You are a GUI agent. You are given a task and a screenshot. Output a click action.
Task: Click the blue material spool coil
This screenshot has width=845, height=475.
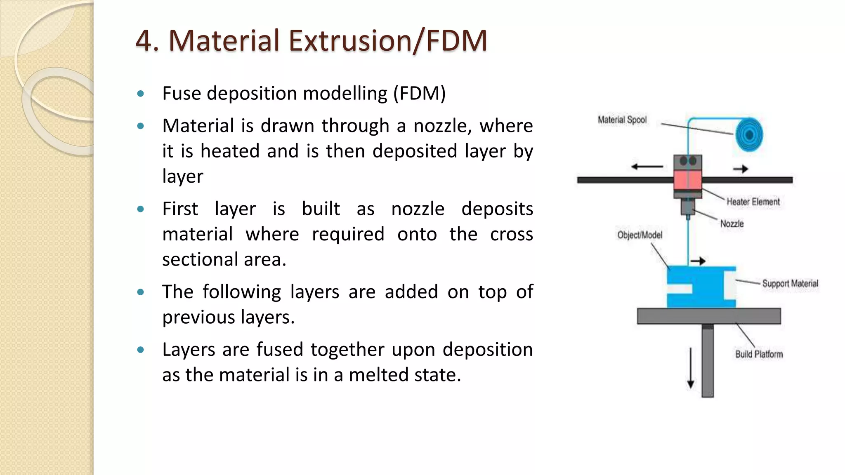coord(749,134)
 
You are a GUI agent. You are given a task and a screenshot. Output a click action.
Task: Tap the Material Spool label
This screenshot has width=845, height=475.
coord(622,120)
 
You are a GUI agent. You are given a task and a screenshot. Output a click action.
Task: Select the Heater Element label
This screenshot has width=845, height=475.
coord(753,202)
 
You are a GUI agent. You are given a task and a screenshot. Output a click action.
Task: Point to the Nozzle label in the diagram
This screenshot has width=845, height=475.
coord(732,224)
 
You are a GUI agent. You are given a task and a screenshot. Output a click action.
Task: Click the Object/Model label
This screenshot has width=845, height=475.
coord(640,235)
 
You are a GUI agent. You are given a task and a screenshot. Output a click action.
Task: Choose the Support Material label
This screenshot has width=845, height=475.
coord(790,284)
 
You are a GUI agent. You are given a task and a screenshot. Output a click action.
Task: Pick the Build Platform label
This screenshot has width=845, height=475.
coord(759,354)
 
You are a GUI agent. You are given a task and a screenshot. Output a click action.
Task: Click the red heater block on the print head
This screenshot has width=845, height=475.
coord(688,180)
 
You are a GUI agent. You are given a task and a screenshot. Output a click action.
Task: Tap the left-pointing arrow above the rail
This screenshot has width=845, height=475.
coord(647,167)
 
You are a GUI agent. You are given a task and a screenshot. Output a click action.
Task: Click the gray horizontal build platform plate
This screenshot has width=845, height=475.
coord(709,316)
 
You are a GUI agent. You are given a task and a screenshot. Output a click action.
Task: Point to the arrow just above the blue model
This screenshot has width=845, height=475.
coord(698,261)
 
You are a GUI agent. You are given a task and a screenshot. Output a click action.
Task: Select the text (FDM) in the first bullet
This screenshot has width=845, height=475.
coord(419,94)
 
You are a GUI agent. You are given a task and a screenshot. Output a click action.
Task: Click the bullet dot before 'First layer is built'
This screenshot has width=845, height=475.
coord(141,209)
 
